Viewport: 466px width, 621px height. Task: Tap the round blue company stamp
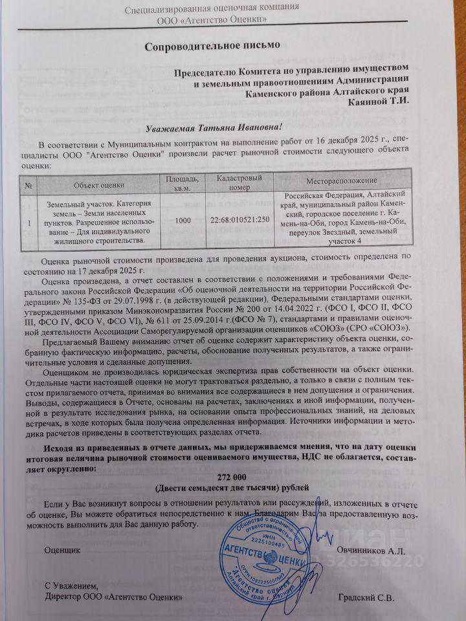pos(264,555)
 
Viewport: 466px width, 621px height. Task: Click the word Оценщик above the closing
pos(63,550)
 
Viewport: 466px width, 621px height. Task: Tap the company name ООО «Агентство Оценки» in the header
pos(213,21)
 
